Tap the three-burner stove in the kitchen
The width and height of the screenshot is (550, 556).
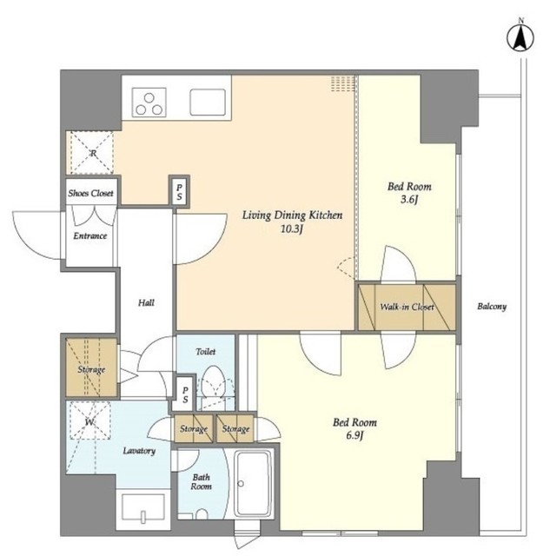[149, 103]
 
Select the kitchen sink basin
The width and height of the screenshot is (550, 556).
[208, 103]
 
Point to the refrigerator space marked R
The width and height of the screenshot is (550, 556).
[92, 153]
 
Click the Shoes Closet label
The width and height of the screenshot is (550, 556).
[90, 193]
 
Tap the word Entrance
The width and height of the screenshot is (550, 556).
[90, 235]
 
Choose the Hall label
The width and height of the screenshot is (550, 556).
[146, 302]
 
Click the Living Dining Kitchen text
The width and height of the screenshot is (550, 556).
[292, 215]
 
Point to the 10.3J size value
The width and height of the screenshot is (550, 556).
[292, 229]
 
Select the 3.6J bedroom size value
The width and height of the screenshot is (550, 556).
[409, 200]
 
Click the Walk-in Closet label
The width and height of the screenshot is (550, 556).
[407, 307]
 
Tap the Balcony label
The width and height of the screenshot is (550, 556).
[492, 307]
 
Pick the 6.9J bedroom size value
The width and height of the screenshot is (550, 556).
[355, 435]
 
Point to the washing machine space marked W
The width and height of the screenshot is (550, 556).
[89, 420]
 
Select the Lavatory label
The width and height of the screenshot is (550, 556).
[139, 451]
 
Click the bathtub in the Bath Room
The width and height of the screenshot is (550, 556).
[253, 483]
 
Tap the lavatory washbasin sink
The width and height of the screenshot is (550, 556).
[142, 508]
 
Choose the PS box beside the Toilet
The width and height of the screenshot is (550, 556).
[185, 394]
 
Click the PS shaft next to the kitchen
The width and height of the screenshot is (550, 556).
[179, 192]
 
